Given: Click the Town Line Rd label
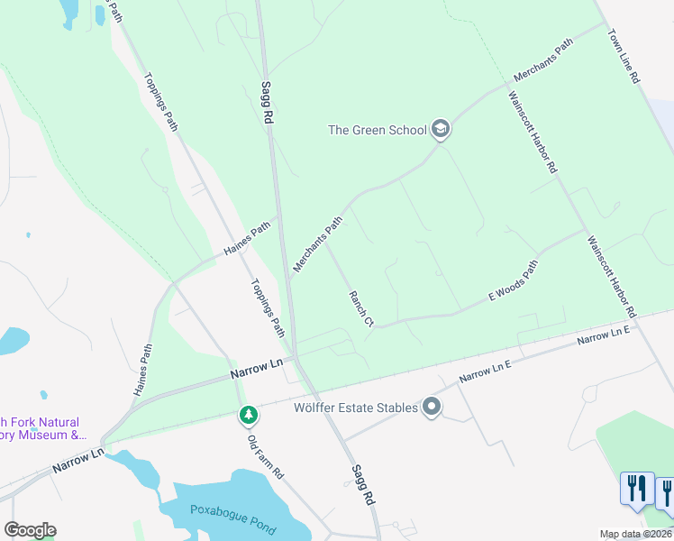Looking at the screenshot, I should pyautogui.click(x=623, y=59).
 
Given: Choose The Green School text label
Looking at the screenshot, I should pyautogui.click(x=377, y=130).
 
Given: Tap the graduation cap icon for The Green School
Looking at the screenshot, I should pyautogui.click(x=441, y=130).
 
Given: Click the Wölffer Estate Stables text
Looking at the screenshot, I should pyautogui.click(x=356, y=408).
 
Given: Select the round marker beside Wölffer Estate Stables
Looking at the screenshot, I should pyautogui.click(x=432, y=408).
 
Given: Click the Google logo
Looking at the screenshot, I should pyautogui.click(x=30, y=530).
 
